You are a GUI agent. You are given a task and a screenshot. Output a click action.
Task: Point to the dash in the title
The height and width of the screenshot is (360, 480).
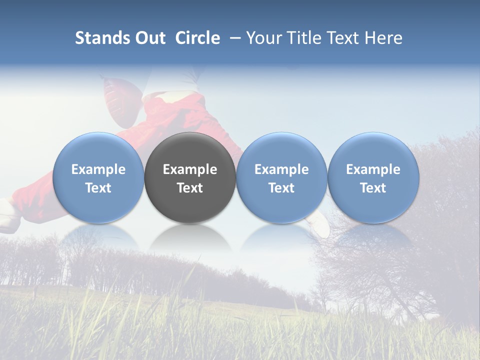(x=233, y=38)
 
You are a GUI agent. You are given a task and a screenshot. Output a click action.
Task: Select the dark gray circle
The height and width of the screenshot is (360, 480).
(x=190, y=150)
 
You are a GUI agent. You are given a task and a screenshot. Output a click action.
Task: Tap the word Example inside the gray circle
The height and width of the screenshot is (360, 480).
(x=190, y=169)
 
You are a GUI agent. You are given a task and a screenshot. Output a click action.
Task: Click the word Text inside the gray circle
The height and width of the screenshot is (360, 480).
(x=190, y=188)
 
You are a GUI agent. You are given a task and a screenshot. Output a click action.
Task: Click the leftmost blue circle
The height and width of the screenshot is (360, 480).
(x=98, y=150)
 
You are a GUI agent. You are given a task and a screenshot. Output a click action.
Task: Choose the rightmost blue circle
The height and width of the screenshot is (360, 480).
(x=373, y=150)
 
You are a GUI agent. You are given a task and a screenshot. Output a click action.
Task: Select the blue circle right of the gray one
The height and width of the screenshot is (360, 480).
(x=281, y=150)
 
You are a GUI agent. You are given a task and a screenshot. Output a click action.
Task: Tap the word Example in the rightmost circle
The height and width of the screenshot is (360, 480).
(x=373, y=169)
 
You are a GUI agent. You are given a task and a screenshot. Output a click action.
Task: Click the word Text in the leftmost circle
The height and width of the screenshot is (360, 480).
(x=98, y=188)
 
